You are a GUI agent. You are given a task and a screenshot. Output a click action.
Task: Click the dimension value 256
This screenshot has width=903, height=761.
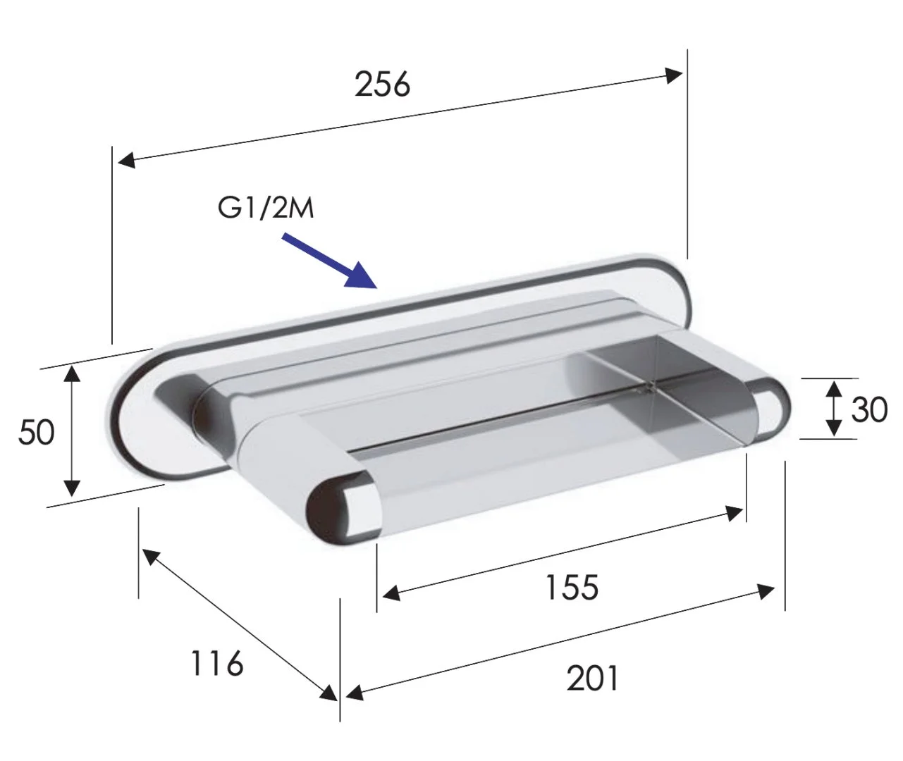coord(382,85)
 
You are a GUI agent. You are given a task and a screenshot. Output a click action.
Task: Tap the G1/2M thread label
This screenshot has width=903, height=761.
coord(266,208)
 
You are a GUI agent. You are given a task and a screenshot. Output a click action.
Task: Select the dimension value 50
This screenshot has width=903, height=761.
coord(37,432)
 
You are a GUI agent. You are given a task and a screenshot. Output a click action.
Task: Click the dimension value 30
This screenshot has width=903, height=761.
coord(869,409)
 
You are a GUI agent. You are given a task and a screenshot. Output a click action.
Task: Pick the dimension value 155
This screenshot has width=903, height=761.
coord(572,587)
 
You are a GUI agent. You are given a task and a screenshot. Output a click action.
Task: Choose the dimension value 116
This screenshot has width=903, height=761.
coord(217,663)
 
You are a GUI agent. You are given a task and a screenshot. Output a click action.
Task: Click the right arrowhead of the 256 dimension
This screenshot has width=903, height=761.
coord(674,75)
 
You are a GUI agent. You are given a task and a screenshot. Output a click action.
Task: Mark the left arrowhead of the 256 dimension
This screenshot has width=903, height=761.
coord(126,161)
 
